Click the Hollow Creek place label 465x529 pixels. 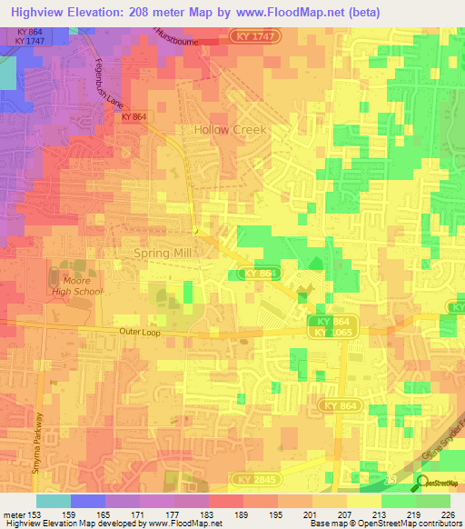pyautogui.click(x=231, y=130)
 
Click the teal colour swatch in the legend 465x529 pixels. pyautogui.click(x=54, y=501)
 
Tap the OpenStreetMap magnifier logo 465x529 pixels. pyautogui.click(x=423, y=483)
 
